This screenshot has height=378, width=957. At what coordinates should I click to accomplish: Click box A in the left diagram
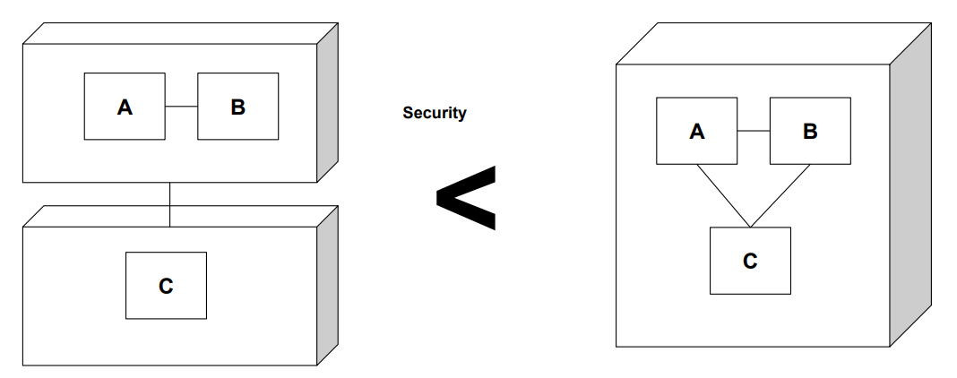point(125,107)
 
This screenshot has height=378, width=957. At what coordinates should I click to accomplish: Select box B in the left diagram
point(237,107)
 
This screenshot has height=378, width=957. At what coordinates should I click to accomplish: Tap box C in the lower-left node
point(166,285)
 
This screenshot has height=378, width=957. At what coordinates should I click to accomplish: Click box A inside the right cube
point(696,131)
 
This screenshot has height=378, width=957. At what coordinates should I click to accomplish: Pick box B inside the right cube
point(810,131)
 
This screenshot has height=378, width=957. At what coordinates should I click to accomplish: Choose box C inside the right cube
point(750,261)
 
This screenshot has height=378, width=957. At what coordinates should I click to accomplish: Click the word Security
point(435,113)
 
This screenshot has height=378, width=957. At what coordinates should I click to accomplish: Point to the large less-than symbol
point(465,198)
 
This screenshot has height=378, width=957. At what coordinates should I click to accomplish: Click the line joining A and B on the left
point(181,107)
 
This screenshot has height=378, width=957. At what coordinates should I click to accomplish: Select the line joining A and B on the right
point(754,131)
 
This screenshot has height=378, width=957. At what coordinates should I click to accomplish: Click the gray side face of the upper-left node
point(328,102)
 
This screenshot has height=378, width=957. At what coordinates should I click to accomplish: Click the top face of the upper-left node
point(179,33)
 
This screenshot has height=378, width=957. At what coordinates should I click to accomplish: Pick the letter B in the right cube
point(810,132)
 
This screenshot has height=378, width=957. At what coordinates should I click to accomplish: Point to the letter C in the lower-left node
point(166,286)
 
